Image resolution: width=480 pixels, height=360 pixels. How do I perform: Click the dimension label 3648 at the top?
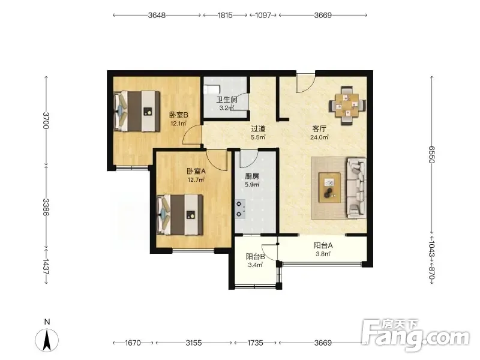(x=157, y=15)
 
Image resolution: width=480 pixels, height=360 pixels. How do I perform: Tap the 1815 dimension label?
(x=225, y=15)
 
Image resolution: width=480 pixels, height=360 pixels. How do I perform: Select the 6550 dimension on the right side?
(x=431, y=155)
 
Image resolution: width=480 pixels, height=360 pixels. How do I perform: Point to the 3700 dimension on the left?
(x=46, y=121)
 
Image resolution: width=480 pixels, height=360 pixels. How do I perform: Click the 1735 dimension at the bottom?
(x=256, y=343)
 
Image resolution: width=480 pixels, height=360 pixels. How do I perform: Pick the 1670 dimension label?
(x=133, y=343)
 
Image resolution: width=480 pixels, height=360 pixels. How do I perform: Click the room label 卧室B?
(x=179, y=115)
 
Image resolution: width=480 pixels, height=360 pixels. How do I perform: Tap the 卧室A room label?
(x=196, y=171)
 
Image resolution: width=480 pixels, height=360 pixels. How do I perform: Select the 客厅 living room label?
(x=319, y=129)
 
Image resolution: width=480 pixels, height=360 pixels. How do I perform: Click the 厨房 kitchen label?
(x=252, y=176)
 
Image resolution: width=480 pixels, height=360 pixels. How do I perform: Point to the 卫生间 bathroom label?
(x=227, y=100)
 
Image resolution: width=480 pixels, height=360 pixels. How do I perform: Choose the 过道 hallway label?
(x=258, y=129)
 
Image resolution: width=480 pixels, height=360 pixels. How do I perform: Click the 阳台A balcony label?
(x=323, y=245)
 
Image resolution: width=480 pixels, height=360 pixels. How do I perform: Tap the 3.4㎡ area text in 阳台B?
(x=256, y=265)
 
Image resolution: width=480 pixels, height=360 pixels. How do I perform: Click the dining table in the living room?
(x=347, y=106)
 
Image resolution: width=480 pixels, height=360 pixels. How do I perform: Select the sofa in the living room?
(x=356, y=188)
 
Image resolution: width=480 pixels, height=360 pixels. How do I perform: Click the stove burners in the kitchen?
(x=241, y=209)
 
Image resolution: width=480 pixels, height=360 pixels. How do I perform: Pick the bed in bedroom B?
(x=137, y=111)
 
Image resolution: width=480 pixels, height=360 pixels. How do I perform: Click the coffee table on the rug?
(x=329, y=188)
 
